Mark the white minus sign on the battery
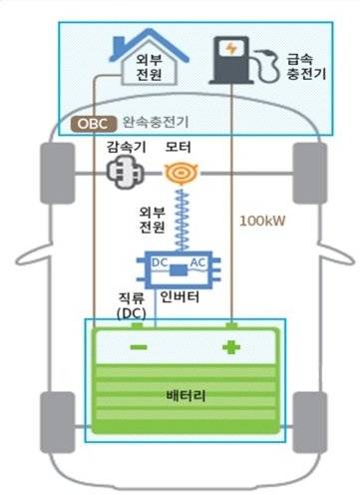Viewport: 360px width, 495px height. (x=139, y=347)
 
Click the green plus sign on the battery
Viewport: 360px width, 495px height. (x=232, y=348)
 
